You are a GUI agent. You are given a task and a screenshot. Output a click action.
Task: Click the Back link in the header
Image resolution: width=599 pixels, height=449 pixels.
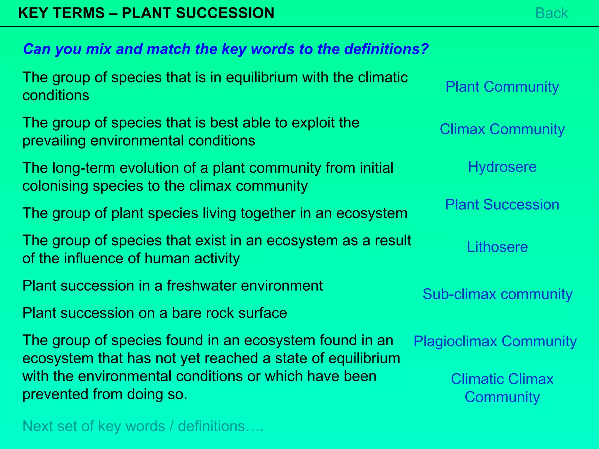click(x=551, y=13)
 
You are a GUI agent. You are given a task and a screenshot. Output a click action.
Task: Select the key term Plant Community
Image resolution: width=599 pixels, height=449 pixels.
click(x=502, y=87)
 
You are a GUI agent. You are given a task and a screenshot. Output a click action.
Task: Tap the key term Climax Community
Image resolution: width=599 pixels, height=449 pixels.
click(x=502, y=129)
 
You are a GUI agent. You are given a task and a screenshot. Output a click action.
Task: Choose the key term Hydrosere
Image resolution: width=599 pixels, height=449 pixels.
click(x=502, y=167)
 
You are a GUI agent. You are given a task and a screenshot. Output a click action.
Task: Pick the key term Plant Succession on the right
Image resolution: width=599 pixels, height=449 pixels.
click(x=502, y=204)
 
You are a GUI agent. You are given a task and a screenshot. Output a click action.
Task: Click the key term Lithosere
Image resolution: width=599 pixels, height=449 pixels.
click(x=497, y=247)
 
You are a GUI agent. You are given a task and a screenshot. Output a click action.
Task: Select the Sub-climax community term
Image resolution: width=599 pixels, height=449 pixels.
click(x=497, y=294)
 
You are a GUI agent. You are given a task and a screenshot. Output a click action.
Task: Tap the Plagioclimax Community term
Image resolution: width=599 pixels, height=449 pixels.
click(x=495, y=341)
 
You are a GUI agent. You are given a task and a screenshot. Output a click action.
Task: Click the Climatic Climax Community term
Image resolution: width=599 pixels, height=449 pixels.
click(x=502, y=388)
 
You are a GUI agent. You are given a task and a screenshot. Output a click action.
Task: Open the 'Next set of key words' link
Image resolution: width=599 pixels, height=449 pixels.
click(x=143, y=426)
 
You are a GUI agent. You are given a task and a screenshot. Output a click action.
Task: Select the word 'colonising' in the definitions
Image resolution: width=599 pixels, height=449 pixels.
click(x=55, y=186)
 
